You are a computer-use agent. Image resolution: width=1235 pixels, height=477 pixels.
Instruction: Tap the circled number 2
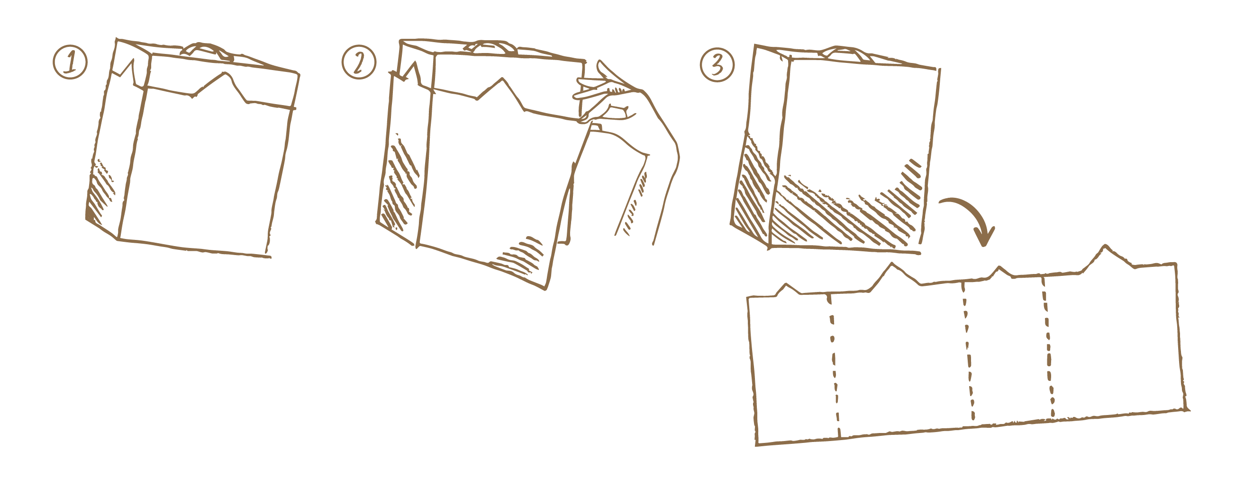coord(359,63)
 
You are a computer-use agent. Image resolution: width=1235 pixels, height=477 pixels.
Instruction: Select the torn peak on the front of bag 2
coord(502,79)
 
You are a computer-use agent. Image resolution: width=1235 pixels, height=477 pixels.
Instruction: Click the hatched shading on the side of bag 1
coord(100,192)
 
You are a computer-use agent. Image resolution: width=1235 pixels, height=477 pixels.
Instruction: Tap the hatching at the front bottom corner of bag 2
coord(520,255)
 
